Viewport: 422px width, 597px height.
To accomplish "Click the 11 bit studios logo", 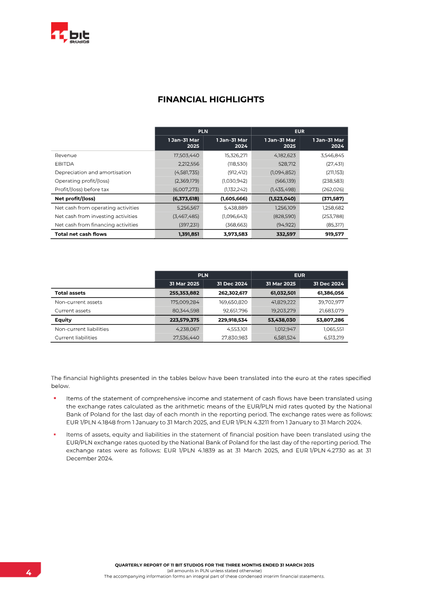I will (x=70, y=34).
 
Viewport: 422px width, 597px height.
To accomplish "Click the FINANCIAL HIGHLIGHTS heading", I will (x=211, y=99).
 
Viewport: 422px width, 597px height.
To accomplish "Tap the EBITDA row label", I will (x=64, y=164).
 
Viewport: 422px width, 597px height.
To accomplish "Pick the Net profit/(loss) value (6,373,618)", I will (x=186, y=199).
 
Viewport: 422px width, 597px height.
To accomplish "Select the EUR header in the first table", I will (x=300, y=131).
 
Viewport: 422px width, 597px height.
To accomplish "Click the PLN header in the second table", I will (x=203, y=275).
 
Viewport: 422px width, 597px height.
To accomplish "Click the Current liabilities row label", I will (x=76, y=337).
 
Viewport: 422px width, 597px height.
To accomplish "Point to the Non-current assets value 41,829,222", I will (x=281, y=302).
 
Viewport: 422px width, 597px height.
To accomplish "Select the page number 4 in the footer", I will (x=29, y=573).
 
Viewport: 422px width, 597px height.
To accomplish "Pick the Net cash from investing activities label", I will (x=96, y=216).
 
